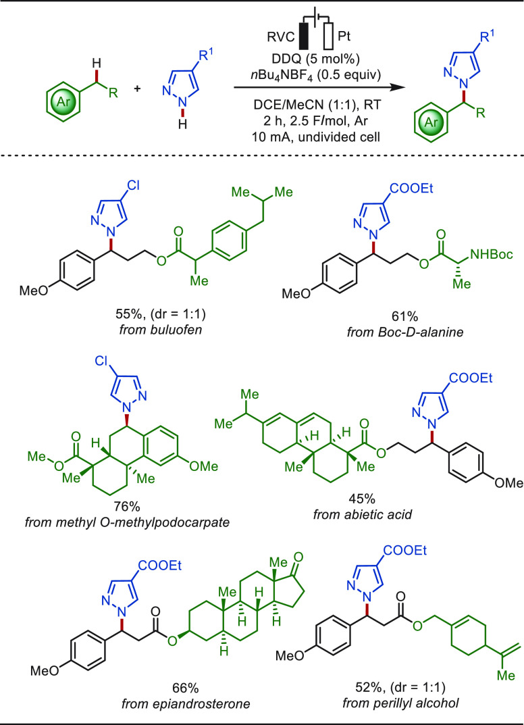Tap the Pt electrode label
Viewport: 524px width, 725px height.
344,36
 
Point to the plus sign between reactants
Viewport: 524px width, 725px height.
137,87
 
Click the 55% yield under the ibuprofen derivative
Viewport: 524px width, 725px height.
126,314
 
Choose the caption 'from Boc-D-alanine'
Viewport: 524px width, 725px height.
405,332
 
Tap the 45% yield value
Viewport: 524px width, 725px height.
363,499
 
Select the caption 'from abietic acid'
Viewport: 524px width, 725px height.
362,514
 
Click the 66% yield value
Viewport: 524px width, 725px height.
186,688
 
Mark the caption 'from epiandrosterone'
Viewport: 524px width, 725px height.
186,704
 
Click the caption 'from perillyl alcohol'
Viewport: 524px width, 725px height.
400,703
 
